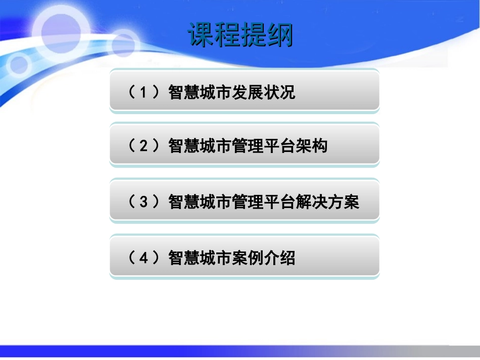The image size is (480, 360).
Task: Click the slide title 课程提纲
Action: point(241,35)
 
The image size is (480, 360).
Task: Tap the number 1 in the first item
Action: point(144,93)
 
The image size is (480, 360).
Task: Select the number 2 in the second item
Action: point(144,146)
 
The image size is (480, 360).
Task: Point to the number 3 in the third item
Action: point(144,202)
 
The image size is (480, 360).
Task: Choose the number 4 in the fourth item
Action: point(144,258)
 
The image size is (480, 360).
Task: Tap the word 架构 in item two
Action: point(311,146)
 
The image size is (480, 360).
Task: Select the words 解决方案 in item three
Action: point(327,202)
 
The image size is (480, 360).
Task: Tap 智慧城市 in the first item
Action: point(200,93)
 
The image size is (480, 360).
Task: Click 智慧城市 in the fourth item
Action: point(200,258)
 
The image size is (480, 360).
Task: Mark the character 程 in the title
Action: point(227,35)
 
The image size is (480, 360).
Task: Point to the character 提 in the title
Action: point(254,35)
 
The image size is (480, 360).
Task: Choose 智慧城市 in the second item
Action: point(200,146)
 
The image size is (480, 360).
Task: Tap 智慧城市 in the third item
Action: point(200,202)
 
